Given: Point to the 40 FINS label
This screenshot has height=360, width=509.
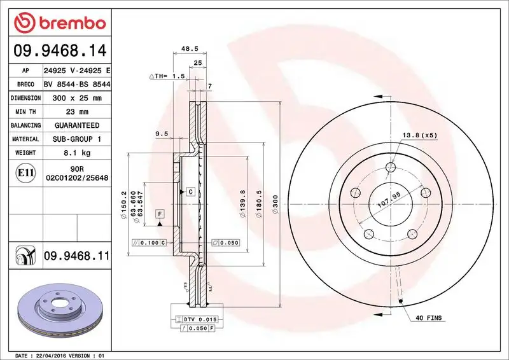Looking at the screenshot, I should [428, 317].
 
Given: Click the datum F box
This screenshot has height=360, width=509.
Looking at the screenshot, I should [160, 213].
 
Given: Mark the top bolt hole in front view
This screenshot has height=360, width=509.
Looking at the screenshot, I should [391, 168].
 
